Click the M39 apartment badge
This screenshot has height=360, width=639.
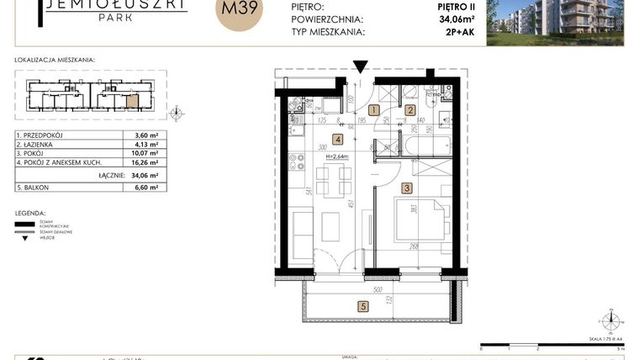[x=240, y=12]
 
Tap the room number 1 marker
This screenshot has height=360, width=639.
[x=374, y=109]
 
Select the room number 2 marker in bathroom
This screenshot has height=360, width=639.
[x=410, y=109]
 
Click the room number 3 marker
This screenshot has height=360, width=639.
[x=406, y=188]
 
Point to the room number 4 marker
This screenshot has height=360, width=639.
[x=337, y=140]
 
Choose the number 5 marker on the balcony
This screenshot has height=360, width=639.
[x=363, y=306]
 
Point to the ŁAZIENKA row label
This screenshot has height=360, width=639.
[x=39, y=145]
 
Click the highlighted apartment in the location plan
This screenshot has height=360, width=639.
[x=132, y=103]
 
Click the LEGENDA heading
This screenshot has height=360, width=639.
[x=30, y=214]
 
